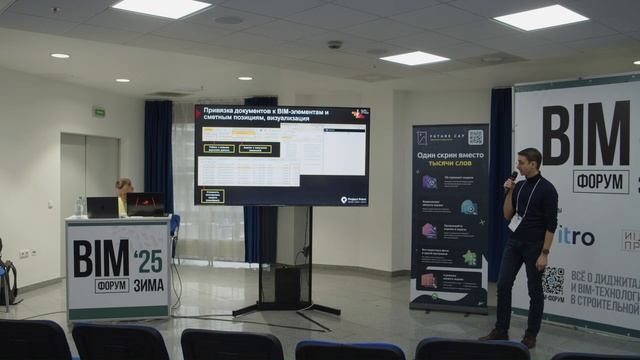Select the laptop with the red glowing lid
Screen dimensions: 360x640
click(x=146, y=204)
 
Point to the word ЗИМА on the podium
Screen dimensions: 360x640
click(x=148, y=284)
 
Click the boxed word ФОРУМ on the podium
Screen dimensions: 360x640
click(x=112, y=285)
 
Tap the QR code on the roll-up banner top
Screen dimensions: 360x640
click(x=475, y=137)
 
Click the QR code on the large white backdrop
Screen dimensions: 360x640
click(x=554, y=283)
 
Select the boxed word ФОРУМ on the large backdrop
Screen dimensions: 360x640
click(x=600, y=182)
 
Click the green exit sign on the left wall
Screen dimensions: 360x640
click(x=99, y=112)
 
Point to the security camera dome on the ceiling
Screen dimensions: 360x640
click(x=334, y=45)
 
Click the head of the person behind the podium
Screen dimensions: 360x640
click(x=124, y=186)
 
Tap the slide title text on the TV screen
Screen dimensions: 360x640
click(x=265, y=115)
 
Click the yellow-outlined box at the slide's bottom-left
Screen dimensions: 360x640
click(x=212, y=195)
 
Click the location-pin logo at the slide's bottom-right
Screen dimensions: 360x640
click(x=345, y=199)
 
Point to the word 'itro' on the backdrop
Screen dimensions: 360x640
click(x=577, y=237)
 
